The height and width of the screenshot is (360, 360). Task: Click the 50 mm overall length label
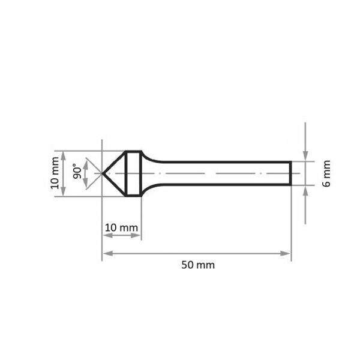198,265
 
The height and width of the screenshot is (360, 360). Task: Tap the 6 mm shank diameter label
326,173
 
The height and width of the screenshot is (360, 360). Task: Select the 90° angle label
77,171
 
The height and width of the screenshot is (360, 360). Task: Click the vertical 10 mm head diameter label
55,173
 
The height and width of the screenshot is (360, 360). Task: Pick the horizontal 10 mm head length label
121,228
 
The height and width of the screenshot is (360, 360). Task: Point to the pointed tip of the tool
103,173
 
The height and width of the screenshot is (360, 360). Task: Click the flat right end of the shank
290,173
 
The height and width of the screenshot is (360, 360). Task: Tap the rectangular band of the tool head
133,173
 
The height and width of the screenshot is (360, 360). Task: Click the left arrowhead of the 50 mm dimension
108,253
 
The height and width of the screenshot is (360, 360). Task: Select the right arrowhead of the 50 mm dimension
286,253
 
